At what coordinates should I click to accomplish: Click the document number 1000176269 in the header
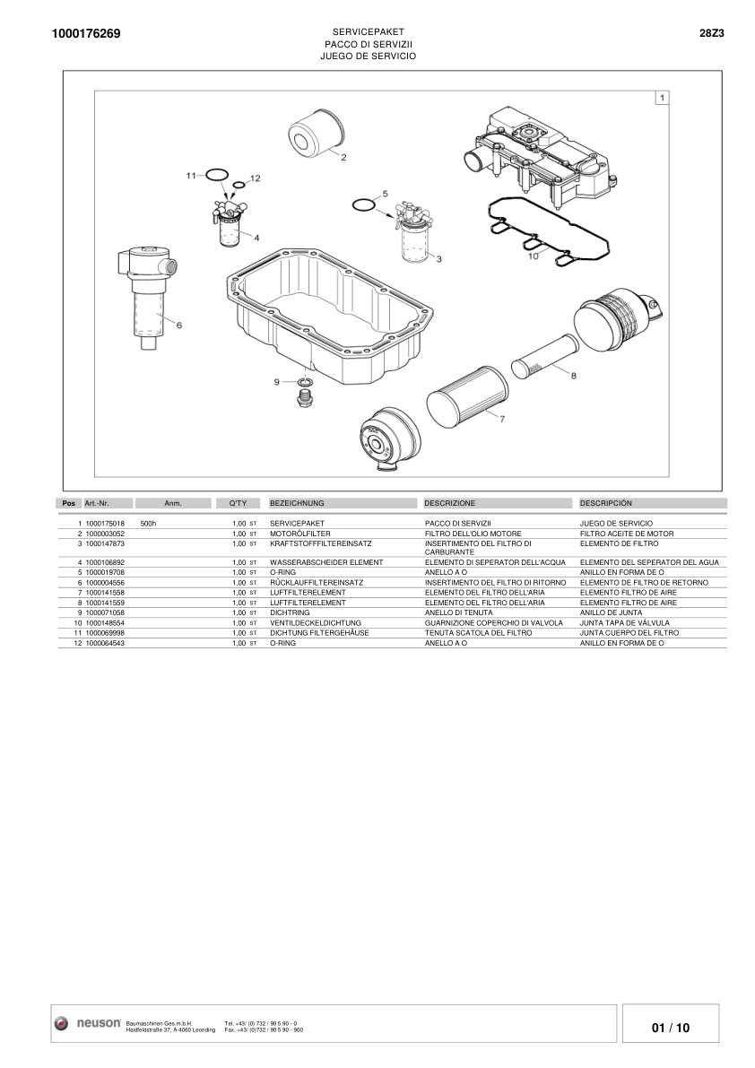tap(86, 34)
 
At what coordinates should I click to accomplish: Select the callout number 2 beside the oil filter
tap(343, 157)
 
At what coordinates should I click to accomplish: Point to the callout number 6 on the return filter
tap(178, 325)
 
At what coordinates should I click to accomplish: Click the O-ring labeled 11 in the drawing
tap(216, 174)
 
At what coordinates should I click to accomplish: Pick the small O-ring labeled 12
tap(239, 186)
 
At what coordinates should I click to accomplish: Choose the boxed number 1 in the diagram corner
tap(662, 97)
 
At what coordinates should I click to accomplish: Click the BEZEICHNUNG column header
tap(297, 504)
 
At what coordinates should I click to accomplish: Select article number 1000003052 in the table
tap(105, 534)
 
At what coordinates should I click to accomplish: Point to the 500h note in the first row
tap(149, 523)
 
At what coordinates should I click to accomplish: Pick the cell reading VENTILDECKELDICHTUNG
tap(315, 622)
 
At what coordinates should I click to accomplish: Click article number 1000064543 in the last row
tap(105, 643)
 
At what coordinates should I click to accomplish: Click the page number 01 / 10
tap(671, 1028)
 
